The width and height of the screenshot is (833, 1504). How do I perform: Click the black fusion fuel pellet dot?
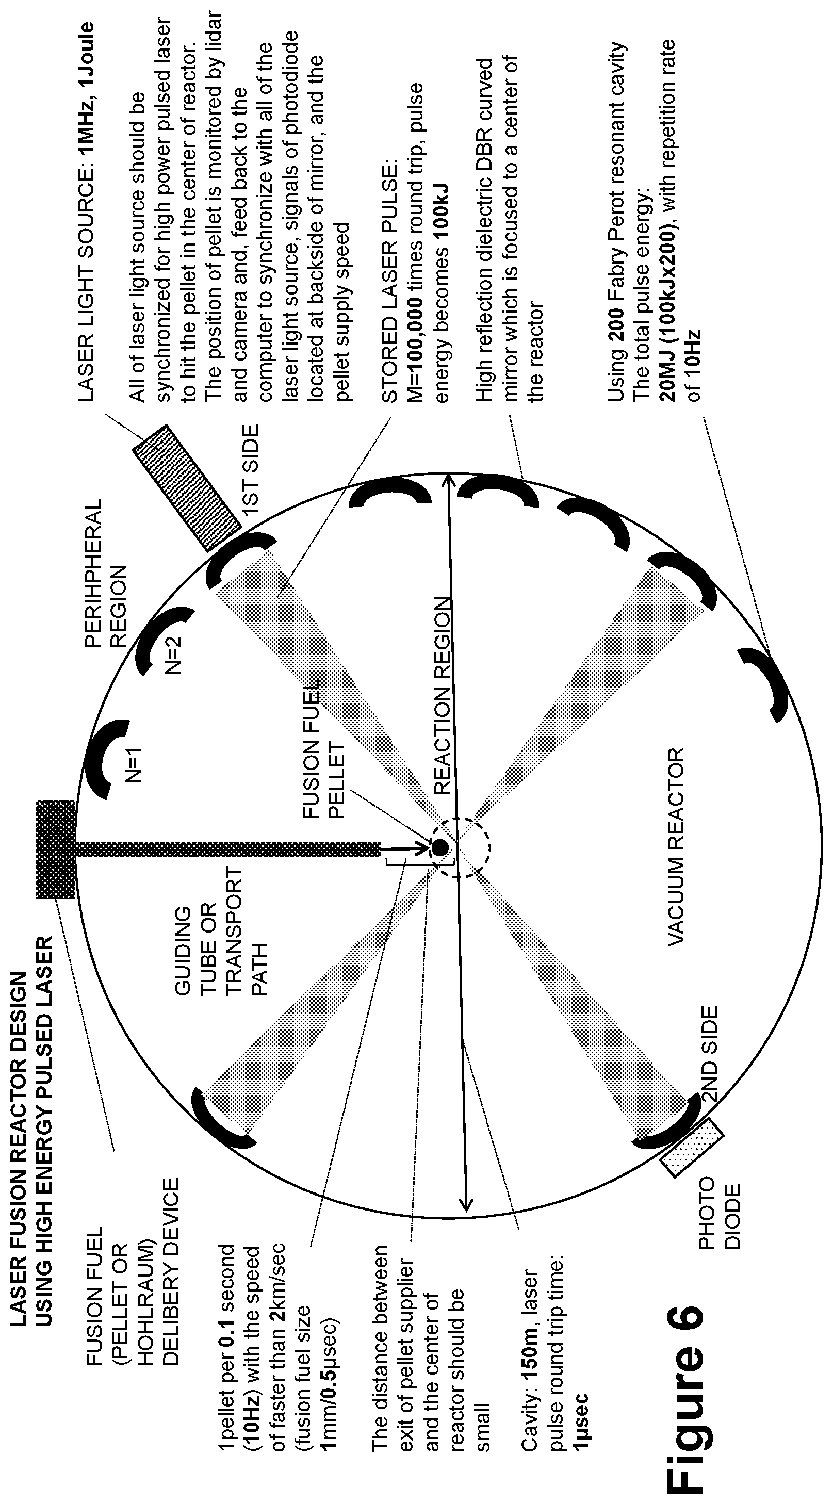(439, 846)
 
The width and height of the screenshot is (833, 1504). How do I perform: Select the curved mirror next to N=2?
(161, 640)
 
